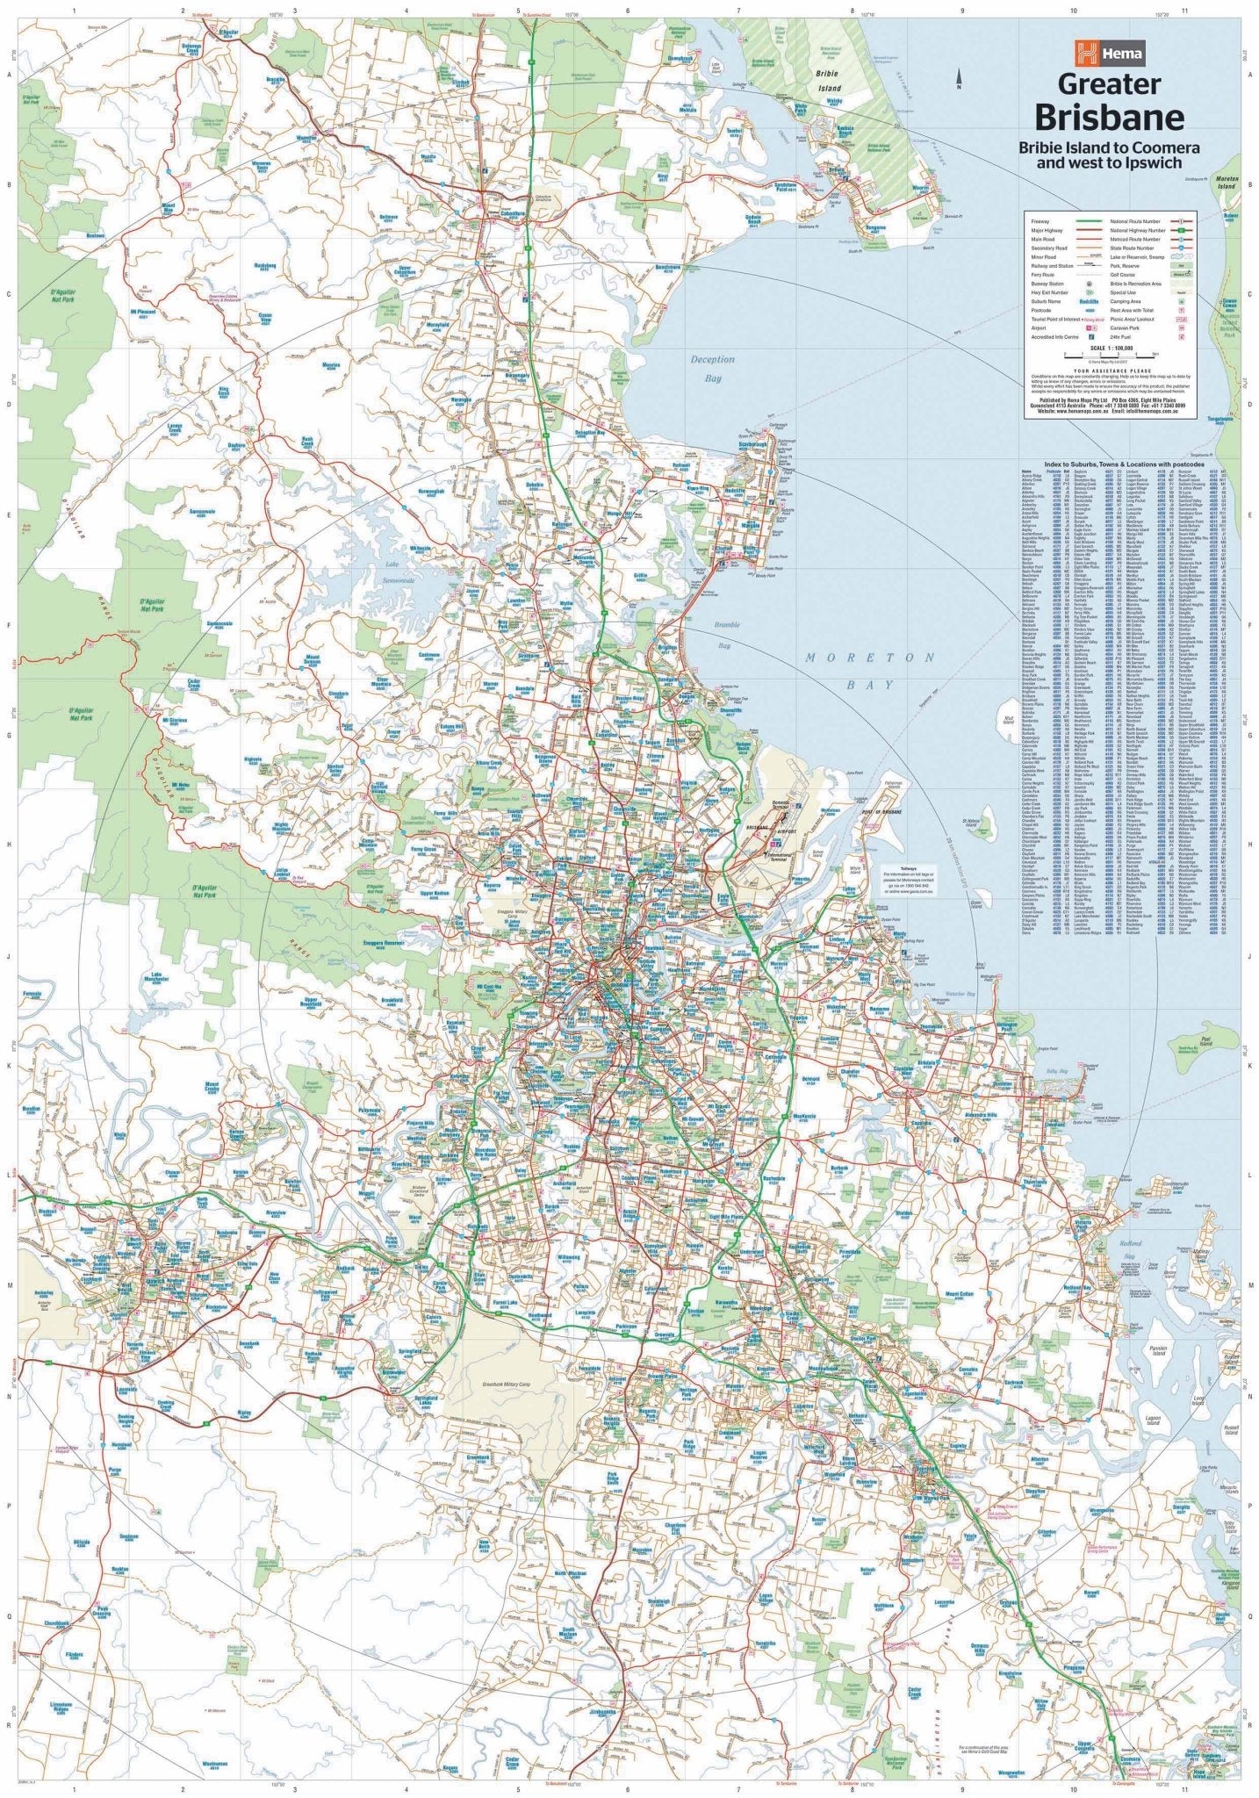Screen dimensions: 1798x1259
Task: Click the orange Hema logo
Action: point(1110,54)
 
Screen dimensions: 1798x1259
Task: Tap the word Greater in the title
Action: point(1109,85)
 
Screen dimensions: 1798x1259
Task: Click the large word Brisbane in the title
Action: point(1109,116)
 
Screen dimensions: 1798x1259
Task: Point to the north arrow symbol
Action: point(959,81)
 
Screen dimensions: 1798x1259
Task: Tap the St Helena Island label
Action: point(969,823)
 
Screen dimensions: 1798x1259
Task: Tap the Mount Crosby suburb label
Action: point(212,1086)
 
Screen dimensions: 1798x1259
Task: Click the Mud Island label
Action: point(1006,719)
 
